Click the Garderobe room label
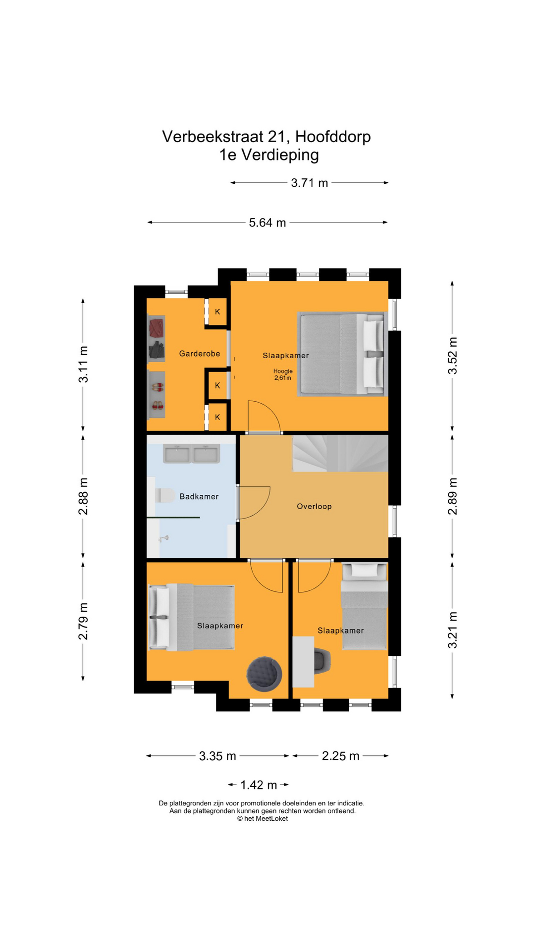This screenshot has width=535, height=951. point(200,354)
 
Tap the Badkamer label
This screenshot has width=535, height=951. point(199,496)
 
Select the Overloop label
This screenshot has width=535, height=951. point(314,506)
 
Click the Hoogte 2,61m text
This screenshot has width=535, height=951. point(283,374)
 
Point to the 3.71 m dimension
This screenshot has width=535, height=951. point(310,183)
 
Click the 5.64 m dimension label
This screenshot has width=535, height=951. point(267,222)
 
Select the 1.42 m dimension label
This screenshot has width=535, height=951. point(259,785)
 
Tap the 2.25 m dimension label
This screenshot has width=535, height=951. point(341,756)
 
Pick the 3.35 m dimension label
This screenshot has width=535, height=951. point(217,756)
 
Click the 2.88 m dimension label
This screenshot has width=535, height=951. point(83,496)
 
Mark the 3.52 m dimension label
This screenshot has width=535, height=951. point(453,356)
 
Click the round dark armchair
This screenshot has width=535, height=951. point(265,674)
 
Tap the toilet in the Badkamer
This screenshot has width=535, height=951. point(165,495)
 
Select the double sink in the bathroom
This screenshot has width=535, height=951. point(192,454)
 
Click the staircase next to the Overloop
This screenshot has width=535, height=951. point(340,454)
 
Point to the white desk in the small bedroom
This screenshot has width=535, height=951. point(303,662)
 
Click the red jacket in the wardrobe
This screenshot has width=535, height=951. point(157,327)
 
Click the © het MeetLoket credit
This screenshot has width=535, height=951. point(263,819)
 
